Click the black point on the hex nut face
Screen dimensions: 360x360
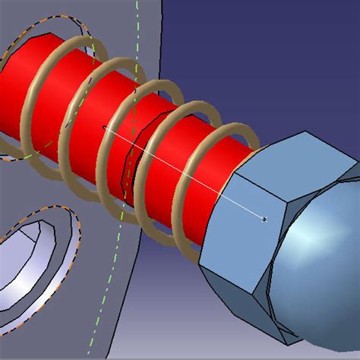pyautogui.click(x=264, y=219)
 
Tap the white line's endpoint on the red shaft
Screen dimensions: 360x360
pyautogui.click(x=103, y=127)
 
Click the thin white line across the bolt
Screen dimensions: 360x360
pyautogui.click(x=182, y=172)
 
